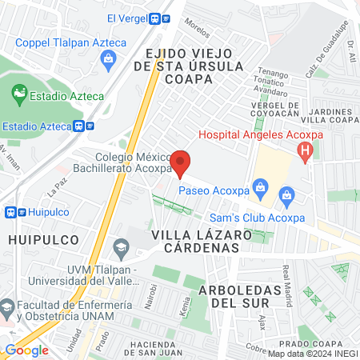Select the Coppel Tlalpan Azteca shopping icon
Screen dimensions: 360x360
(x=108, y=58)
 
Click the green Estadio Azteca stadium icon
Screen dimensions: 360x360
(x=18, y=97)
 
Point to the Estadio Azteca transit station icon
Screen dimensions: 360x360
(x=82, y=126)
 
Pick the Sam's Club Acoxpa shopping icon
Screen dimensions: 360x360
(x=286, y=194)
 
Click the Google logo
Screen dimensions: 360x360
(x=26, y=350)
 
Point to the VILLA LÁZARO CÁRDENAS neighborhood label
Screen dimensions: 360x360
(x=196, y=241)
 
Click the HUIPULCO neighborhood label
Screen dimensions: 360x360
(x=34, y=239)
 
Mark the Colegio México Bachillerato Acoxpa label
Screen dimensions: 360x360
(x=133, y=163)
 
